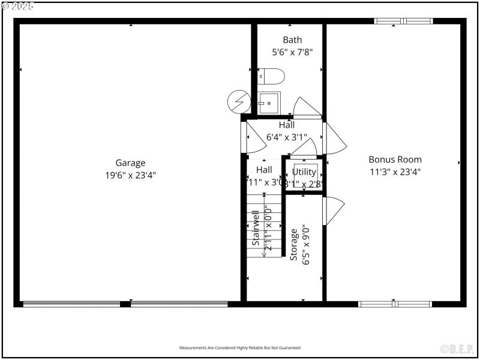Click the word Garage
pyautogui.click(x=130, y=163)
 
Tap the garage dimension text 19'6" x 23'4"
pyautogui.click(x=130, y=175)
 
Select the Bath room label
pyautogui.click(x=292, y=40)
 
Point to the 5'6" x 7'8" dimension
pyautogui.click(x=292, y=52)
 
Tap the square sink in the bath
pyautogui.click(x=269, y=103)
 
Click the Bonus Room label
pyautogui.click(x=395, y=160)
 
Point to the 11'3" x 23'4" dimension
pyautogui.click(x=395, y=172)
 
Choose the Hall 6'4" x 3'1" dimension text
pyautogui.click(x=286, y=137)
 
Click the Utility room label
pyautogui.click(x=304, y=172)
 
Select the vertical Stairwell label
pyautogui.click(x=256, y=232)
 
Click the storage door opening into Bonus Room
pyautogui.click(x=332, y=211)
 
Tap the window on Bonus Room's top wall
pyautogui.click(x=403, y=21)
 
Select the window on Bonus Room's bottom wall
pyautogui.click(x=395, y=304)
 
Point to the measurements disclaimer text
pyautogui.click(x=240, y=348)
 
